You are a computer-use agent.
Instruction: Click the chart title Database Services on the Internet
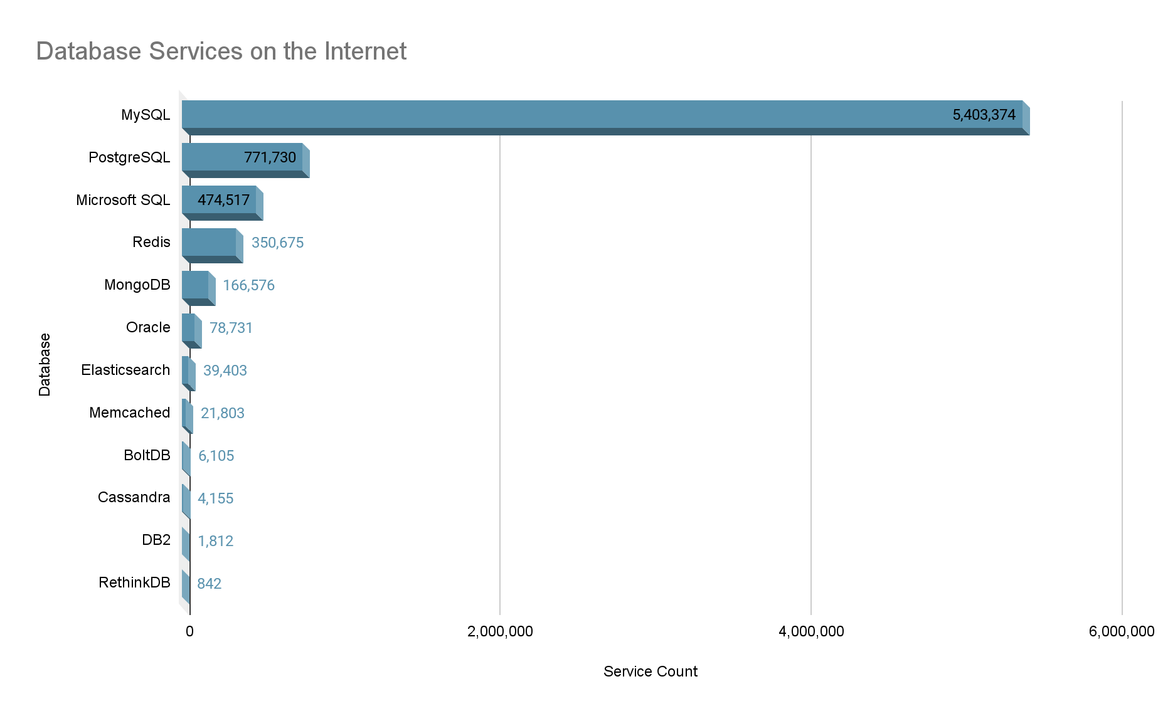[x=221, y=51]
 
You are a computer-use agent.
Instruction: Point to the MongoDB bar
[x=196, y=286]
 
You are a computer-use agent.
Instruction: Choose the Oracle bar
[x=189, y=329]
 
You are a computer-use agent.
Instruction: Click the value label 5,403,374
[x=984, y=115]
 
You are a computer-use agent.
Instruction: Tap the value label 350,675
[x=277, y=243]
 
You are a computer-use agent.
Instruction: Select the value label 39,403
[x=225, y=371]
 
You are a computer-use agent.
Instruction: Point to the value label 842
[x=209, y=584]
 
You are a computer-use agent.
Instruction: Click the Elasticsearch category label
[x=125, y=370]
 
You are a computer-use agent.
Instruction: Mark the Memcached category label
[x=129, y=413]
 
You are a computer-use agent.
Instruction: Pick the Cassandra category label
[x=134, y=497]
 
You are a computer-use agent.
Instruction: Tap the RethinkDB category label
[x=134, y=582]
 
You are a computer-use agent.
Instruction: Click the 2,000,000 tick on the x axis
[x=500, y=631]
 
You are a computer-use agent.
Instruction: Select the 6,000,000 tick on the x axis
[x=1121, y=631]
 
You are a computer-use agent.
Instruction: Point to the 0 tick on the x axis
[x=189, y=631]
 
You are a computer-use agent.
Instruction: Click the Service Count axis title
[x=650, y=671]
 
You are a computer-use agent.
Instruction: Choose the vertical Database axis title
[x=45, y=364]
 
